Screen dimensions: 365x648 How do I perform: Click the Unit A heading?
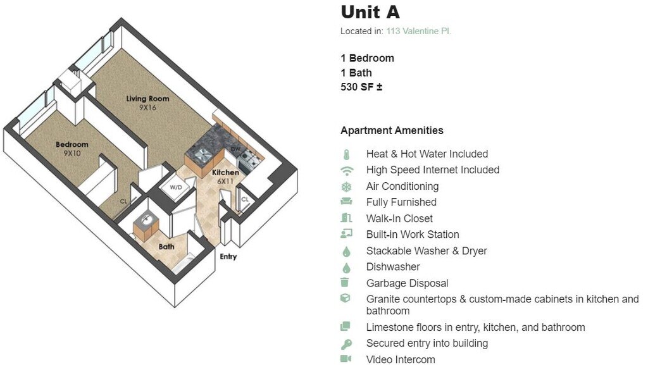pos(370,12)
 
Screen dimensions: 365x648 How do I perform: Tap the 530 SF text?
pos(361,87)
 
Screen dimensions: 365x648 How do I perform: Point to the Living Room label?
pos(147,99)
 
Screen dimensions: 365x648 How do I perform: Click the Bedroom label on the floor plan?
pos(72,144)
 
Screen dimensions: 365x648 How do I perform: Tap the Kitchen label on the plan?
pos(225,173)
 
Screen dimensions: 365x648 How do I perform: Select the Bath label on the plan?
pos(166,247)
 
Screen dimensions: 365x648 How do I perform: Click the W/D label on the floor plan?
pos(175,187)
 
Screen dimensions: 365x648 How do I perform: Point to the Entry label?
pos(228,257)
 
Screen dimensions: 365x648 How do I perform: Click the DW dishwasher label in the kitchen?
pos(235,149)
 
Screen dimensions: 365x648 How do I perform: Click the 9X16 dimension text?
pos(147,108)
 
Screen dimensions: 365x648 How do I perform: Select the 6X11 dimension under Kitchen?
pos(226,181)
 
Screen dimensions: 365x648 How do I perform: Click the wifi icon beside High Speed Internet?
pos(346,170)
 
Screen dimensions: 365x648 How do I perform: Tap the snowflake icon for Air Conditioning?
pos(346,187)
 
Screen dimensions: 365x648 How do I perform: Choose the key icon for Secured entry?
pos(346,344)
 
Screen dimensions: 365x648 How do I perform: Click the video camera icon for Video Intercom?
pos(346,359)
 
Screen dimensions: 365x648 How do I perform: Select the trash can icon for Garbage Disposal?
pos(346,283)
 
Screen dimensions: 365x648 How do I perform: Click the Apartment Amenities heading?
pos(392,131)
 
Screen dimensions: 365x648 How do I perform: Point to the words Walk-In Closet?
pos(399,219)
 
